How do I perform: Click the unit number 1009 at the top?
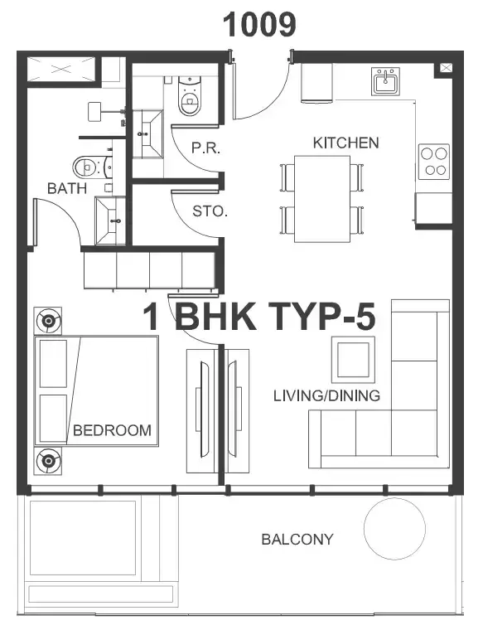(x=259, y=25)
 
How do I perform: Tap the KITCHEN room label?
(x=345, y=143)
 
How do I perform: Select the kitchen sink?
(x=385, y=81)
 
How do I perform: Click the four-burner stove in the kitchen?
(x=433, y=162)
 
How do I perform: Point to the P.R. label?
(x=205, y=148)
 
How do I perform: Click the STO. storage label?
(x=210, y=211)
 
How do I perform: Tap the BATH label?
(x=66, y=188)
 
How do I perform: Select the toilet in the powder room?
(x=190, y=95)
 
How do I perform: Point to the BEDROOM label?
(x=112, y=430)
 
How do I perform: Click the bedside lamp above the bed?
(x=48, y=321)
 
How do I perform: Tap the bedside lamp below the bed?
(x=48, y=460)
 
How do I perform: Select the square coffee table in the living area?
(x=353, y=360)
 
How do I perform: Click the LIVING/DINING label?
(x=326, y=395)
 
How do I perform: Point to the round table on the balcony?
(x=394, y=529)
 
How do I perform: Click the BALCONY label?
(x=297, y=539)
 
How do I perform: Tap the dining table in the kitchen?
(x=322, y=199)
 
